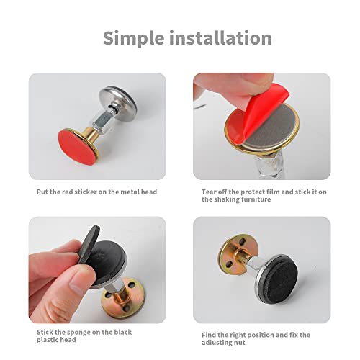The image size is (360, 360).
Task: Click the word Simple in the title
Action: [133, 38]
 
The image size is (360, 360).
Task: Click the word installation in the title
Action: [220, 37]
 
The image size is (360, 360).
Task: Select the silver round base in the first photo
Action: [118, 99]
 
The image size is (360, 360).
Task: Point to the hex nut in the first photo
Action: [102, 124]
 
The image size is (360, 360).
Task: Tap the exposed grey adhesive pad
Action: [271, 127]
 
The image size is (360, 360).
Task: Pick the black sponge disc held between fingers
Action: [89, 243]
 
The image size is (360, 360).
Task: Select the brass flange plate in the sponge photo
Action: [124, 297]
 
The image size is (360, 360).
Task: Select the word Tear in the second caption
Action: [208, 192]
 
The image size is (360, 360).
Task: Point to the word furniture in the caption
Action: [256, 199]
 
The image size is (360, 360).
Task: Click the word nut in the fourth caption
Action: [240, 343]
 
